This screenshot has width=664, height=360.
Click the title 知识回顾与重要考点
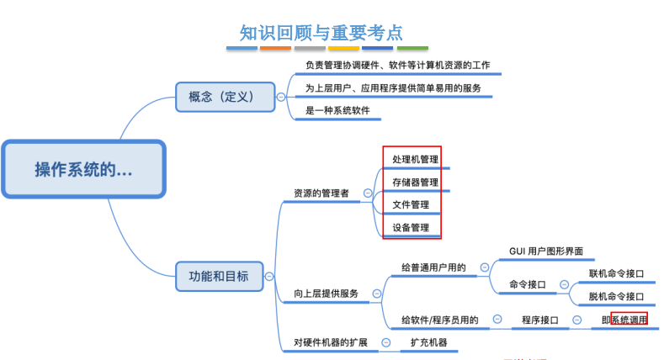tap(321, 33)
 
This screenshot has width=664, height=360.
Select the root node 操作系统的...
tap(83, 169)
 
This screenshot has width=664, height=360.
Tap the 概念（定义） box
tap(226, 97)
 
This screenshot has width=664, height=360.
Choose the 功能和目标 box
tap(220, 276)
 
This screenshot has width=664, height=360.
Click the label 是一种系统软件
tap(337, 110)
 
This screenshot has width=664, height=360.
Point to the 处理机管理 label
tap(415, 160)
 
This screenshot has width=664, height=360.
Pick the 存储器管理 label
tap(415, 183)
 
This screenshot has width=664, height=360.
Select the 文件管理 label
tap(411, 204)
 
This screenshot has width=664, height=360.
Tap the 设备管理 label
tap(411, 228)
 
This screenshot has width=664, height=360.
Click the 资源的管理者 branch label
tap(321, 193)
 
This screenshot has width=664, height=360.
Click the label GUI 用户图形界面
tap(546, 251)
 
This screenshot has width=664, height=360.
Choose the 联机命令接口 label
tap(616, 273)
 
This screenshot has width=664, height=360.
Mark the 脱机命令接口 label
tap(616, 297)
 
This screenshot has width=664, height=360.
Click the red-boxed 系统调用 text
tap(629, 320)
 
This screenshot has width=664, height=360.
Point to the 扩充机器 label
tap(428, 342)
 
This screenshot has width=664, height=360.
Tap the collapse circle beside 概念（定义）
tap(281, 97)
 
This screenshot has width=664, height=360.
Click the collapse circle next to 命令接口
tap(564, 284)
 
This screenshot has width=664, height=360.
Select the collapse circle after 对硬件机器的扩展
tap(385, 342)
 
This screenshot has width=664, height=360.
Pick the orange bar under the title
tap(275, 48)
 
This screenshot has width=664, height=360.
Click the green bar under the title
tap(412, 48)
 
